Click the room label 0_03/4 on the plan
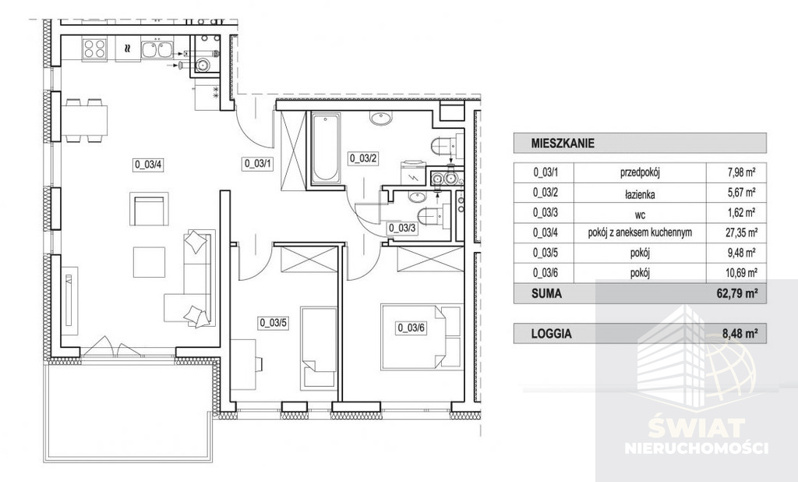[148, 165]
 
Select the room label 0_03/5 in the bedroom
[274, 323]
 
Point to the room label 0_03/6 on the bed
[411, 328]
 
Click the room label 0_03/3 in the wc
[402, 229]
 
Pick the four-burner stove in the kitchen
[94, 49]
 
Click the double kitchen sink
[156, 49]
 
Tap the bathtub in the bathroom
[325, 148]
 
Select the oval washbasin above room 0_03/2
[380, 119]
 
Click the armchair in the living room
[149, 209]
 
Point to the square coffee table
[149, 262]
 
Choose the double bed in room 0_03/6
[422, 336]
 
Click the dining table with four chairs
[84, 120]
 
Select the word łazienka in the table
[640, 194]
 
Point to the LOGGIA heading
[551, 334]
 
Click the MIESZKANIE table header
[563, 144]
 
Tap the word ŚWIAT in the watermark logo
[697, 428]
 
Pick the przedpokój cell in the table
[640, 172]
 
